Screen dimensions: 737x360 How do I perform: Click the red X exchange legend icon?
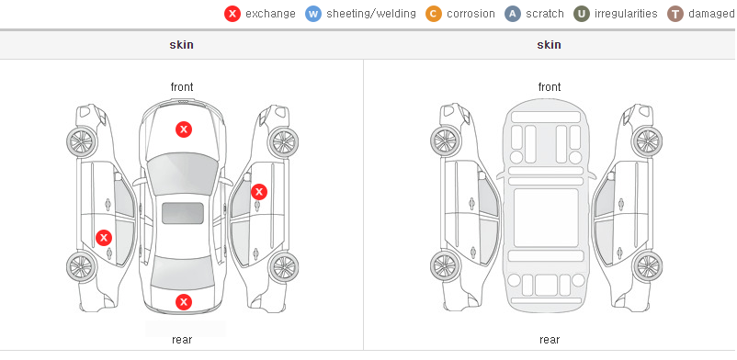pyautogui.click(x=232, y=14)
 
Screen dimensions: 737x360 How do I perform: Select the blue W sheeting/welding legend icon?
pyautogui.click(x=313, y=14)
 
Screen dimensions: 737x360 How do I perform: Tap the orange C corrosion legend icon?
pyautogui.click(x=434, y=14)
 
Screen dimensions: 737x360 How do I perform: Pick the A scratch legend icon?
pyautogui.click(x=513, y=14)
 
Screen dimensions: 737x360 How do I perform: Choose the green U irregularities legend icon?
pyautogui.click(x=582, y=14)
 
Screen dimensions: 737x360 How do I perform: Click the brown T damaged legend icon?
pyautogui.click(x=675, y=14)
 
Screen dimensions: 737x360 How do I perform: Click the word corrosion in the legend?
pyautogui.click(x=471, y=14)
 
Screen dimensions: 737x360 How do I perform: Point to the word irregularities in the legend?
pyautogui.click(x=626, y=14)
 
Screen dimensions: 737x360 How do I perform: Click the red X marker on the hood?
pyautogui.click(x=184, y=129)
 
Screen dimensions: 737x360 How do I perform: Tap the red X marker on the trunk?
pyautogui.click(x=184, y=302)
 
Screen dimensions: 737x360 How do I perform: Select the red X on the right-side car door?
pyautogui.click(x=259, y=192)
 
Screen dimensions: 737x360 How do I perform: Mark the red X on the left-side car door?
pyautogui.click(x=104, y=238)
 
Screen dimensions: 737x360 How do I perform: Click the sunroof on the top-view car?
pyautogui.click(x=183, y=213)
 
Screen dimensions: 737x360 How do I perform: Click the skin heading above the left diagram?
pyautogui.click(x=181, y=45)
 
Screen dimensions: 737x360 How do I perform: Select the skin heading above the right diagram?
pyautogui.click(x=549, y=45)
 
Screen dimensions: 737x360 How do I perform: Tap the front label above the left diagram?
pyautogui.click(x=182, y=87)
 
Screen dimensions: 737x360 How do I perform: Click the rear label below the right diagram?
pyautogui.click(x=550, y=340)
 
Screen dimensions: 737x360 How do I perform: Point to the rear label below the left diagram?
pyautogui.click(x=182, y=340)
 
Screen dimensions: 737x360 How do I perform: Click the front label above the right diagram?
pyautogui.click(x=550, y=87)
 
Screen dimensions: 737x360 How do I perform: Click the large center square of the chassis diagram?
pyautogui.click(x=546, y=218)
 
